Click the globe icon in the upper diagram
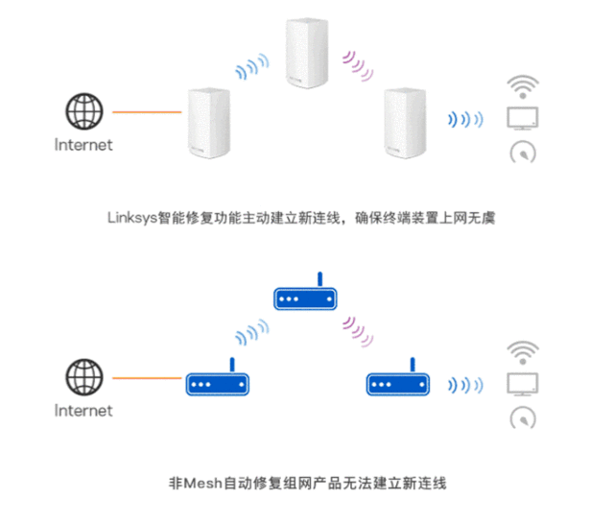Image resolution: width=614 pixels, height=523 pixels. click(83, 111)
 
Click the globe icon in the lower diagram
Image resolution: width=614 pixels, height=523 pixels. click(83, 376)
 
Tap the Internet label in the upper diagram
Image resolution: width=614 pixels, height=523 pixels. click(83, 146)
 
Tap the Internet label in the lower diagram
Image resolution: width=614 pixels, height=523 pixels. click(83, 411)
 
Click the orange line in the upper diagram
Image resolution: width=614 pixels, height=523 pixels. click(147, 113)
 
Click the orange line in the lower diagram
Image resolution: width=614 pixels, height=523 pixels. click(147, 378)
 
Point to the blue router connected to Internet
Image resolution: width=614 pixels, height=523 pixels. click(217, 382)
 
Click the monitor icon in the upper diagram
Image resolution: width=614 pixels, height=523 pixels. click(523, 119)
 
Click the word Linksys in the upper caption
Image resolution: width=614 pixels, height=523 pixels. click(130, 218)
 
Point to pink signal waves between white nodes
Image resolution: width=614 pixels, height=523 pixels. click(358, 59)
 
